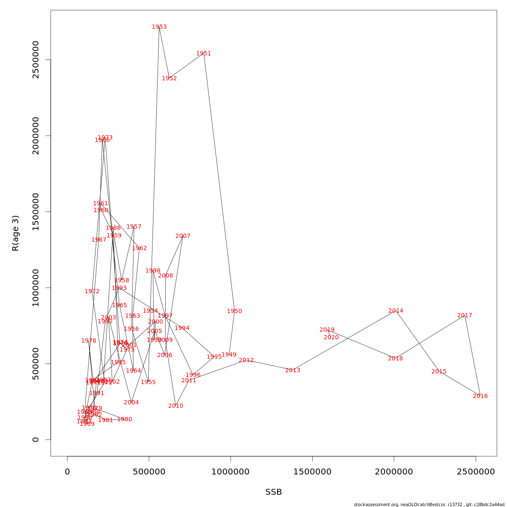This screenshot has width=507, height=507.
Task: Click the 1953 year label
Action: pos(159,27)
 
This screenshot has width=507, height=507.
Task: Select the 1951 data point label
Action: pos(204,54)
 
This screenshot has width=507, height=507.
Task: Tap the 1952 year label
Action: pos(169,79)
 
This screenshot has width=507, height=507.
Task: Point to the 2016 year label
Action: pos(480,396)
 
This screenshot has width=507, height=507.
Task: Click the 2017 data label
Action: pos(465,316)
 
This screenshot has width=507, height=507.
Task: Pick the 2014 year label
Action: pos(396,311)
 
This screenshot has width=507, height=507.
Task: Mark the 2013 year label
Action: pos(293,371)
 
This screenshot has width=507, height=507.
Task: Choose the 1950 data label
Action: pos(234,311)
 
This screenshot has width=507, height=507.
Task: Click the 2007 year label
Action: pos(183,236)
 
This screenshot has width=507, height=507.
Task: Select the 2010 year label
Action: pos(176,406)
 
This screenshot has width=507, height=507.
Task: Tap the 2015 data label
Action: pos(439,372)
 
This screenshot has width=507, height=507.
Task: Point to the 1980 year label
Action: pos(125,420)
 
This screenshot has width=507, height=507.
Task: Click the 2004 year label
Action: pos(131,403)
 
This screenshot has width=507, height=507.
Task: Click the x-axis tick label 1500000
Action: pos(312,472)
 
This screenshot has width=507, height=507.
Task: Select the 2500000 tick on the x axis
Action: pos(476,472)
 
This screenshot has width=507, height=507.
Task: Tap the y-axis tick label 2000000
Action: pos(36,136)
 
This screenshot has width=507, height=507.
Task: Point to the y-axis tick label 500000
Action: pos(36,364)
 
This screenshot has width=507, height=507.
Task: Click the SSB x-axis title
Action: pos(274,492)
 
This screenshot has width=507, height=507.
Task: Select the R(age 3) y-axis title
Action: pos(16,233)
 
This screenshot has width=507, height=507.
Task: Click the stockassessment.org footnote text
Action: pos(429,504)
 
